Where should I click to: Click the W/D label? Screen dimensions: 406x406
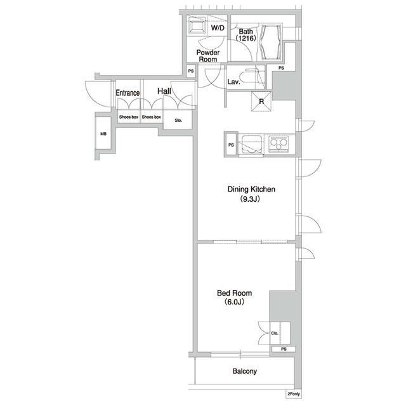tap(218, 28)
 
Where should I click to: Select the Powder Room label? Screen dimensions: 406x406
tap(208, 56)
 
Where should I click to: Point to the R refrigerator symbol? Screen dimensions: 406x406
tap(261, 101)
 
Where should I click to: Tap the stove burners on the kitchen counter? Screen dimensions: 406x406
tap(278, 143)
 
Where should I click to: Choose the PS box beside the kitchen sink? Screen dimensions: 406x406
tap(231, 145)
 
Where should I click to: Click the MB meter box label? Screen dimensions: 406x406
tap(103, 134)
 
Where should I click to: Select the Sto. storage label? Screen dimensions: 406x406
tap(178, 120)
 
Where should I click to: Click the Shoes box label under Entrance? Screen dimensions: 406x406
tap(129, 117)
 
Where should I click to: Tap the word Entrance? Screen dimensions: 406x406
tap(128, 93)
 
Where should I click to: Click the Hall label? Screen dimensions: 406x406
tap(164, 91)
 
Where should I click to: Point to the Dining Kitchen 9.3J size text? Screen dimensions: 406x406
tap(250, 199)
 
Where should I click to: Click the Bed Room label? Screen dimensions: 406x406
tap(234, 293)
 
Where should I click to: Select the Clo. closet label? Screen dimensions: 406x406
tap(275, 333)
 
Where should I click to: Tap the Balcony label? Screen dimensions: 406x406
tap(245, 371)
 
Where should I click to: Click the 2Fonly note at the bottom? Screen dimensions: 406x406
tap(294, 394)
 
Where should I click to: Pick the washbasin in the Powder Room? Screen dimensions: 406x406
tap(197, 27)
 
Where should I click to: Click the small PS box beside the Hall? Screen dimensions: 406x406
tap(191, 70)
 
